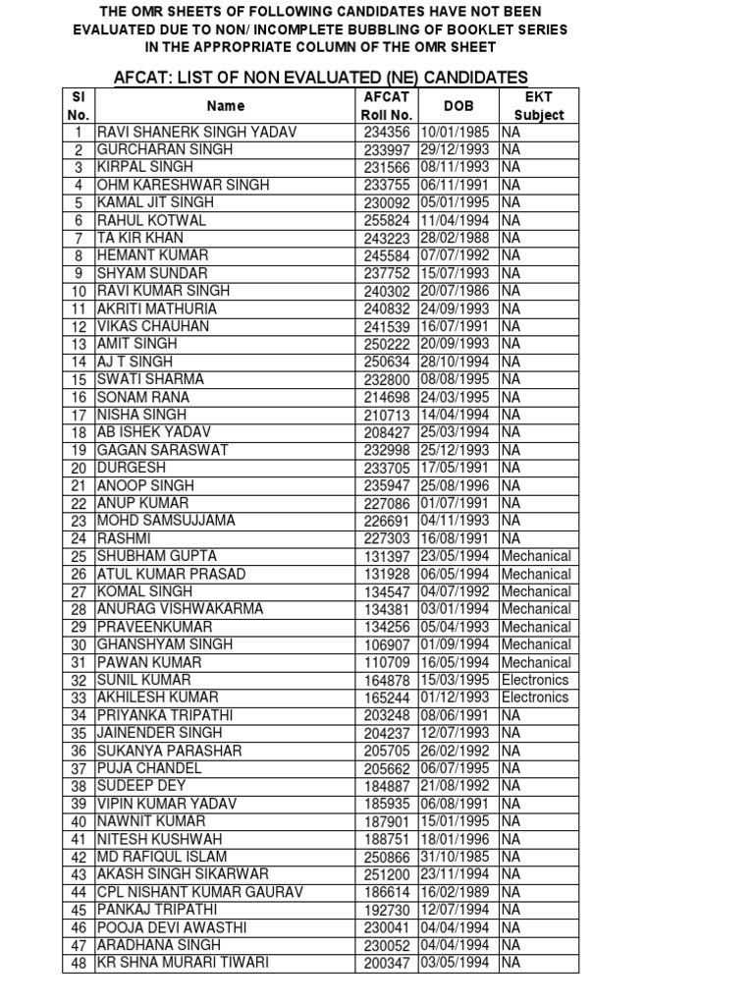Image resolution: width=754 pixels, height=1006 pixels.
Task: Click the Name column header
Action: [226, 105]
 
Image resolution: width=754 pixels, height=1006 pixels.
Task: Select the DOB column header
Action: [458, 105]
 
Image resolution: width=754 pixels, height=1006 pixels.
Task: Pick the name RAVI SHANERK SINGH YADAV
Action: [196, 132]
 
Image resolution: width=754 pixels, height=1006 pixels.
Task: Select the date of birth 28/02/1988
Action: [458, 238]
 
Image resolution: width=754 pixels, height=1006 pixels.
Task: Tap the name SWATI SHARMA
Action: [150, 379]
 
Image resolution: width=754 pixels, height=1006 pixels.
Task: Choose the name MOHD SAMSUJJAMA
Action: [166, 521]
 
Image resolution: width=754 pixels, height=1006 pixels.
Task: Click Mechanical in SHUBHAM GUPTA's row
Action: [535, 556]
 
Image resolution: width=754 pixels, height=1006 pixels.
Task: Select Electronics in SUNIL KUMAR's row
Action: [535, 680]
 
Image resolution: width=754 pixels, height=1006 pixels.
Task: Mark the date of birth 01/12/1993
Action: [458, 698]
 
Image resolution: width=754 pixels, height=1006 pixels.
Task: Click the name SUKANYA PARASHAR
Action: [168, 751]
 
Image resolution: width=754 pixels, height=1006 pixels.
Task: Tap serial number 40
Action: [80, 821]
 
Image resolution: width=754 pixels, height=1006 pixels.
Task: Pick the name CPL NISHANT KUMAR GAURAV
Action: [200, 892]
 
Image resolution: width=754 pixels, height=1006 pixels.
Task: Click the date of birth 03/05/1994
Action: [458, 963]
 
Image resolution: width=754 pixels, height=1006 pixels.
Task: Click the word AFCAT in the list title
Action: [146, 78]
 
